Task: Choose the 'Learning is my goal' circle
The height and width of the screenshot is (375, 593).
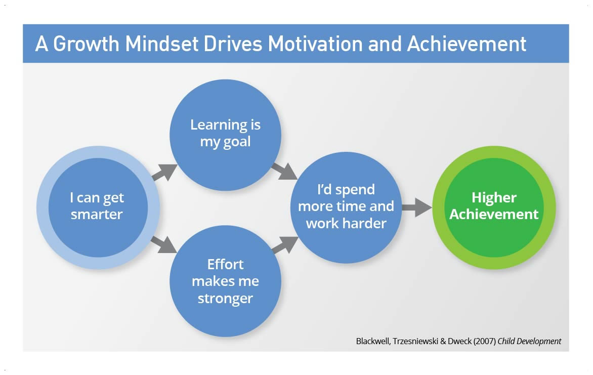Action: coord(225,134)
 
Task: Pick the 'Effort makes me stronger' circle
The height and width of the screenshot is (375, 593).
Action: coord(225,281)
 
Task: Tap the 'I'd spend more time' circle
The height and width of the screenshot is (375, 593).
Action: coord(346,207)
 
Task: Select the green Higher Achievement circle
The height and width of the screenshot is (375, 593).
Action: coord(494,207)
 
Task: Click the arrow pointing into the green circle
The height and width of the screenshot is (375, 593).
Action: coord(416,207)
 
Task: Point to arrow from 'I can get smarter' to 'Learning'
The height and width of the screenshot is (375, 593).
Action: coord(165,173)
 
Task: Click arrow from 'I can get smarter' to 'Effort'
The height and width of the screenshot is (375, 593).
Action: coord(164,244)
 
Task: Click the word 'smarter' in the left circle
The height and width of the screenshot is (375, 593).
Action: coord(97,215)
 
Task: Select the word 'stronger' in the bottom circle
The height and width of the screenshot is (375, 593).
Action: coord(225,299)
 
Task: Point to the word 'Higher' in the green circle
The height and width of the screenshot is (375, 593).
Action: coord(494,197)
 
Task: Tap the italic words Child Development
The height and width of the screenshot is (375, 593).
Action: coord(529,341)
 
